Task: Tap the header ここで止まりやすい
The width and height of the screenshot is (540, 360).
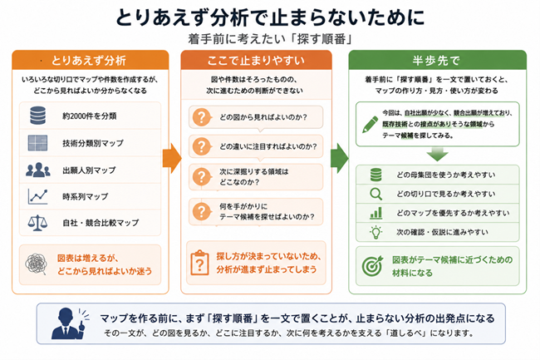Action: pos(256,60)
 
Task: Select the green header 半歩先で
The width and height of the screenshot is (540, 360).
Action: pos(437,60)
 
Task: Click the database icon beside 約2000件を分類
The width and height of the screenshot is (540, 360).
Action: pos(38,116)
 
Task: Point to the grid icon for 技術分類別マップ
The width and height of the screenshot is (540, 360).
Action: pos(38,143)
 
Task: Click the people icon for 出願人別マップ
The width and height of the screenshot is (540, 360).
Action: pos(38,170)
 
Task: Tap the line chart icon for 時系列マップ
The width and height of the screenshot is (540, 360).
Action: pos(38,197)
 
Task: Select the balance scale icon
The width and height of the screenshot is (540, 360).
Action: pos(38,223)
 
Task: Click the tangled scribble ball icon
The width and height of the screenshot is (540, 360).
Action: pos(37,264)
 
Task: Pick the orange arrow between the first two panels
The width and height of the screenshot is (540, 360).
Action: pos(172,158)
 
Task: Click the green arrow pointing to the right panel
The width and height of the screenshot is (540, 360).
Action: pos(340,158)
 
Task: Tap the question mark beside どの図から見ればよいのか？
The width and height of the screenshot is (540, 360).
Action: pos(202,117)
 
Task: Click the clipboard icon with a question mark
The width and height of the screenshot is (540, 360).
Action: pos(199,263)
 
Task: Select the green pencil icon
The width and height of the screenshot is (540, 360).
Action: pos(371,124)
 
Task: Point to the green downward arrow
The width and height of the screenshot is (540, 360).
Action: pos(437,155)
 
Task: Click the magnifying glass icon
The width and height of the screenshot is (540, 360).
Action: pos(376,194)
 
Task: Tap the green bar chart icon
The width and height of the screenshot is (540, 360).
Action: pos(376,213)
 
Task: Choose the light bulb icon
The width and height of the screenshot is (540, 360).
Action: pos(376,232)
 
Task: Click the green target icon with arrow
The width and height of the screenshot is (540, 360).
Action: pos(372,265)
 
